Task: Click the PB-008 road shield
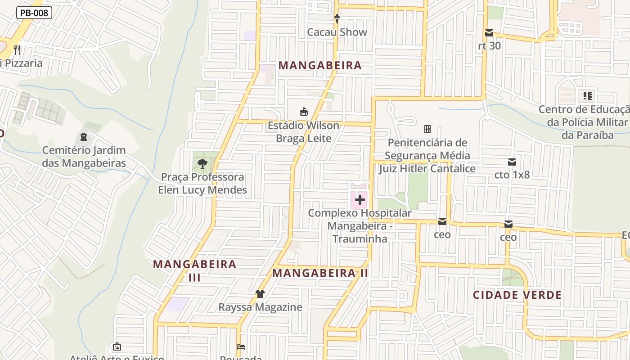click(34, 13)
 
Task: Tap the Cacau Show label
click(337, 32)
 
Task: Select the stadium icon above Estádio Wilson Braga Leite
click(304, 112)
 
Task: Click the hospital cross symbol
click(360, 199)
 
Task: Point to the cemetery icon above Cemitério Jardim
click(84, 136)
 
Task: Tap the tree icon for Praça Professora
click(202, 164)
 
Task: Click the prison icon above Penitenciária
click(427, 129)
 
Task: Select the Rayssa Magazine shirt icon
click(260, 294)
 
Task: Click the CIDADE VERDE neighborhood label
click(517, 295)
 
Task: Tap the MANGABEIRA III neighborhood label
click(194, 270)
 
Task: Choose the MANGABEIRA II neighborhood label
click(320, 273)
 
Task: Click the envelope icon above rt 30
click(489, 33)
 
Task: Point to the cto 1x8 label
click(512, 175)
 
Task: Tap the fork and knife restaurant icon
click(17, 49)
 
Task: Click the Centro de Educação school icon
click(588, 95)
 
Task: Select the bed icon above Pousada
click(241, 347)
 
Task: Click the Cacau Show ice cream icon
click(337, 19)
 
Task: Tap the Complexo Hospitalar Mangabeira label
click(360, 225)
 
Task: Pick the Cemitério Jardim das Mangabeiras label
click(84, 157)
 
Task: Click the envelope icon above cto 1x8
click(512, 162)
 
